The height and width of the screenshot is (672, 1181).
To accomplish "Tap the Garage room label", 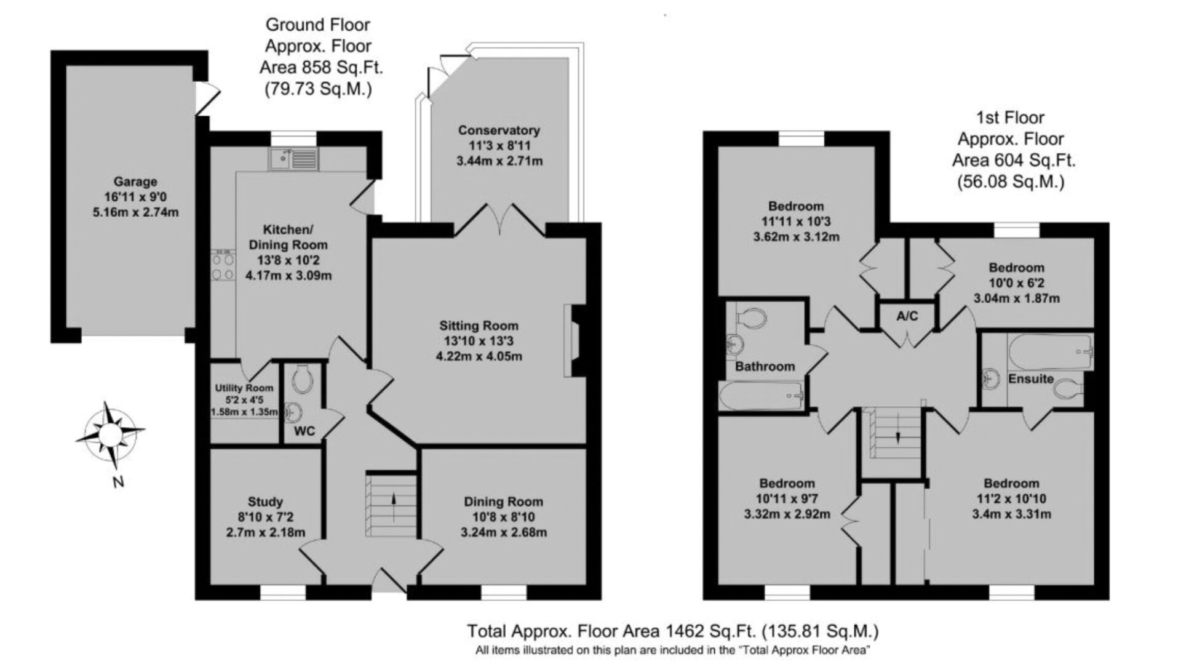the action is [135, 182].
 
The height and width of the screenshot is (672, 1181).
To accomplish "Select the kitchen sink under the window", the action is [293, 159].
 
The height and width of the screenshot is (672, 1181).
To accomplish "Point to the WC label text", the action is [304, 431].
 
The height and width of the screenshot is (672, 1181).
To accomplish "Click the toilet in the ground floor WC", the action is [302, 378].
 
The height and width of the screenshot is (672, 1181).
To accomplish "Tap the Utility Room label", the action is [244, 388].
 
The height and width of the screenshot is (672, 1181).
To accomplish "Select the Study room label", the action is [265, 502].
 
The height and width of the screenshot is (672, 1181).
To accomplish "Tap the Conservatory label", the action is [499, 130].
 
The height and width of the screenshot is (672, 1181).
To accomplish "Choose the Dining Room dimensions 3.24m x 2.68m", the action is [504, 532].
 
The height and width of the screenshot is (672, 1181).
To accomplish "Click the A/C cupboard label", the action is [907, 316].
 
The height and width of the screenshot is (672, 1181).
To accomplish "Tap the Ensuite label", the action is [1030, 379].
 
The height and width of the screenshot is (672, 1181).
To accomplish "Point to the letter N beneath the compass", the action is [119, 482].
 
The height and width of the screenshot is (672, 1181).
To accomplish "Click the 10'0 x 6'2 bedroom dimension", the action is [1016, 283].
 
